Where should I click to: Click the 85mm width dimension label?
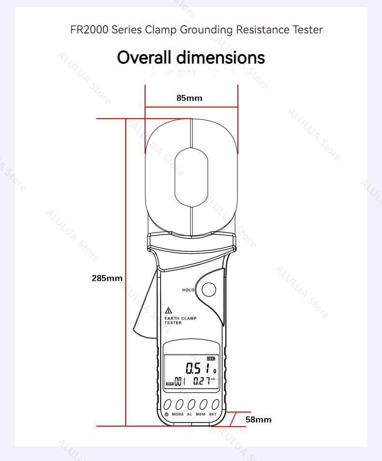(190, 98)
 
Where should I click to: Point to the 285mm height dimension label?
(107, 278)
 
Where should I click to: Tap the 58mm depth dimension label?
(258, 419)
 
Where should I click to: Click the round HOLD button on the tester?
(209, 290)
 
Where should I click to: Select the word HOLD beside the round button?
(188, 290)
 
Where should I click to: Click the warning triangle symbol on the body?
(169, 310)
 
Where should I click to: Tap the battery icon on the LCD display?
(211, 358)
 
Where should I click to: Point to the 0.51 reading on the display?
(198, 369)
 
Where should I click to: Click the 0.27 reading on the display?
(202, 381)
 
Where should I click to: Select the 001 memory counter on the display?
(180, 382)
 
